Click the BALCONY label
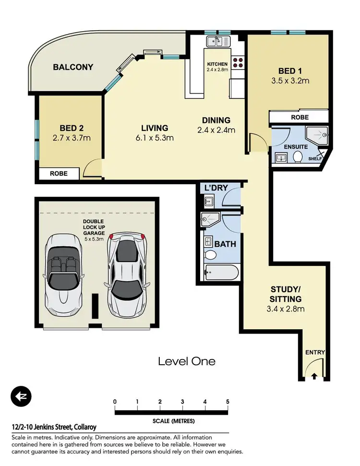pos(73,67)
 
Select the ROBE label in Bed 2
pos(59,174)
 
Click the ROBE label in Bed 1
pos(300,117)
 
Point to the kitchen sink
pos(218,41)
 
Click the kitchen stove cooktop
pos(239,61)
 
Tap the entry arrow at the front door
pos(314,376)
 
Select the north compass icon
pos(20,396)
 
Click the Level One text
pos(187,361)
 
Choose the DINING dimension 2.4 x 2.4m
pos(216,130)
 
